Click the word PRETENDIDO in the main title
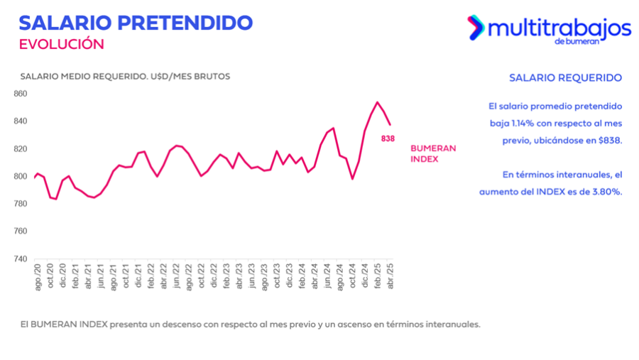click(x=183, y=22)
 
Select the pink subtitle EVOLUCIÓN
click(x=61, y=44)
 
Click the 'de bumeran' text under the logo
click(x=577, y=41)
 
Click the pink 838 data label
click(x=388, y=138)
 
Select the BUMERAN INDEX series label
click(x=433, y=153)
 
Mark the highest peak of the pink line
click(x=377, y=102)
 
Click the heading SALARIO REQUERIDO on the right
click(x=566, y=77)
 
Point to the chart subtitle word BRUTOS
click(x=210, y=76)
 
